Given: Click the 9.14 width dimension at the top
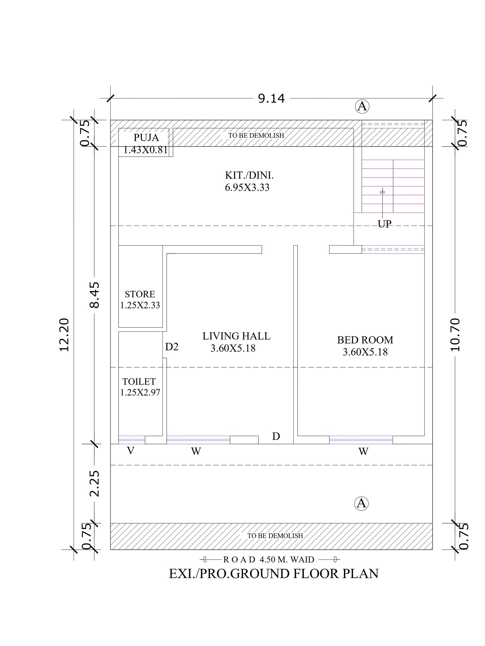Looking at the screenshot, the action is coord(271,99).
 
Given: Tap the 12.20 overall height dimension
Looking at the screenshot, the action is coord(64,335).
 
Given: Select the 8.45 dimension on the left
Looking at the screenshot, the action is coord(95,295).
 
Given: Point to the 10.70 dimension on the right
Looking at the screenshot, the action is coord(455,335).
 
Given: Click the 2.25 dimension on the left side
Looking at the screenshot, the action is coord(95,483).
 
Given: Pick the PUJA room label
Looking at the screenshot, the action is coord(146,137).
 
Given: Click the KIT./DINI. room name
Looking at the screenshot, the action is coord(249,175).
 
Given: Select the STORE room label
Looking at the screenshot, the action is coord(140,294).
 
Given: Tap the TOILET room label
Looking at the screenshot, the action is coord(139,381).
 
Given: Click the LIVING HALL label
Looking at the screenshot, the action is coord(236,336).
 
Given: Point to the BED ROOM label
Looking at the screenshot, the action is coord(365,340).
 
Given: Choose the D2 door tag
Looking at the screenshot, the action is coord(172,347).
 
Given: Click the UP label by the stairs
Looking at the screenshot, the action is coord(384,224).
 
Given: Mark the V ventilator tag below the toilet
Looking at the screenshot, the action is coord(131,451).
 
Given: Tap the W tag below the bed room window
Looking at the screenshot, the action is coord(363,452).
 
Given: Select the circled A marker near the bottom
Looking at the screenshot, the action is coord(361,503).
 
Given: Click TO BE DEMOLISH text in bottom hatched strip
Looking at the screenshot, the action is coord(275,536).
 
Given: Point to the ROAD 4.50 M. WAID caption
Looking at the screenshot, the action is coord(269,559).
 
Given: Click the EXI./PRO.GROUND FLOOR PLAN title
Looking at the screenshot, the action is coord(274,574).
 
